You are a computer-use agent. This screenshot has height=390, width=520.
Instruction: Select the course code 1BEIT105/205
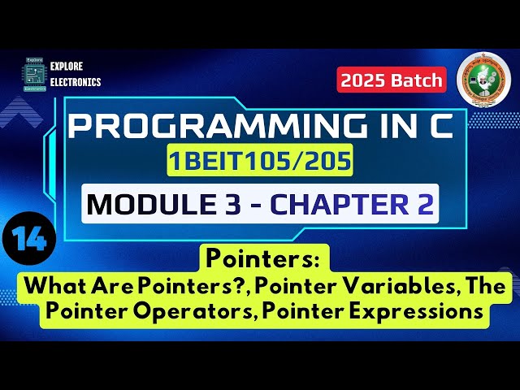click(x=260, y=163)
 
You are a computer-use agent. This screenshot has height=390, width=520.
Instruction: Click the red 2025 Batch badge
click(x=392, y=80)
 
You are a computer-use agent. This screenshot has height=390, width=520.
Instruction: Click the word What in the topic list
click(x=52, y=287)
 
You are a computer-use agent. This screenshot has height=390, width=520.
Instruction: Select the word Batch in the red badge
click(x=417, y=80)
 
